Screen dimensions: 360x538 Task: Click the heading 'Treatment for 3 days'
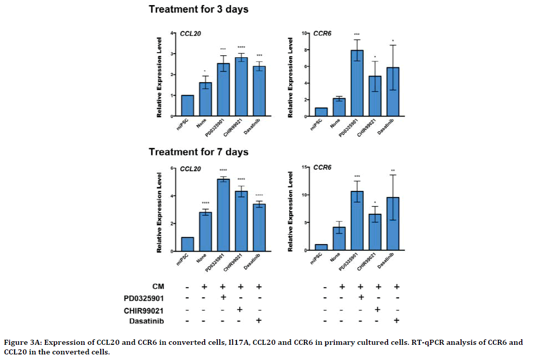[x=198, y=10]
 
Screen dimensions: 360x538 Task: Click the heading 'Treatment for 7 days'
[x=198, y=152]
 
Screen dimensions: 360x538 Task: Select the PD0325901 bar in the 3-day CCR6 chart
[x=358, y=84]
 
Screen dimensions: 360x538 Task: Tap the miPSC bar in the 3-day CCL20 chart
[x=187, y=106]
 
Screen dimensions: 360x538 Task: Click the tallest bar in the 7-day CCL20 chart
[x=223, y=215]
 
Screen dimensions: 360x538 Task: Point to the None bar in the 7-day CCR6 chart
[x=339, y=238]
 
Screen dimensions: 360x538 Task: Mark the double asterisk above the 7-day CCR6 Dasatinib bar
[x=394, y=170]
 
